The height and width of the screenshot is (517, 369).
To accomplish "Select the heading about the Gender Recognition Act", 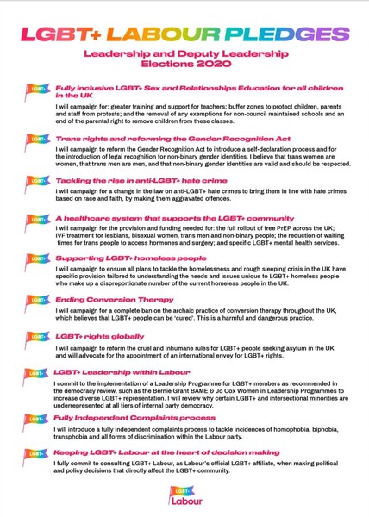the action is tap(173, 137).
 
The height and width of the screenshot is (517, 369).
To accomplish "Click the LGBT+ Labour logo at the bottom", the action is tap(184, 494).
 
